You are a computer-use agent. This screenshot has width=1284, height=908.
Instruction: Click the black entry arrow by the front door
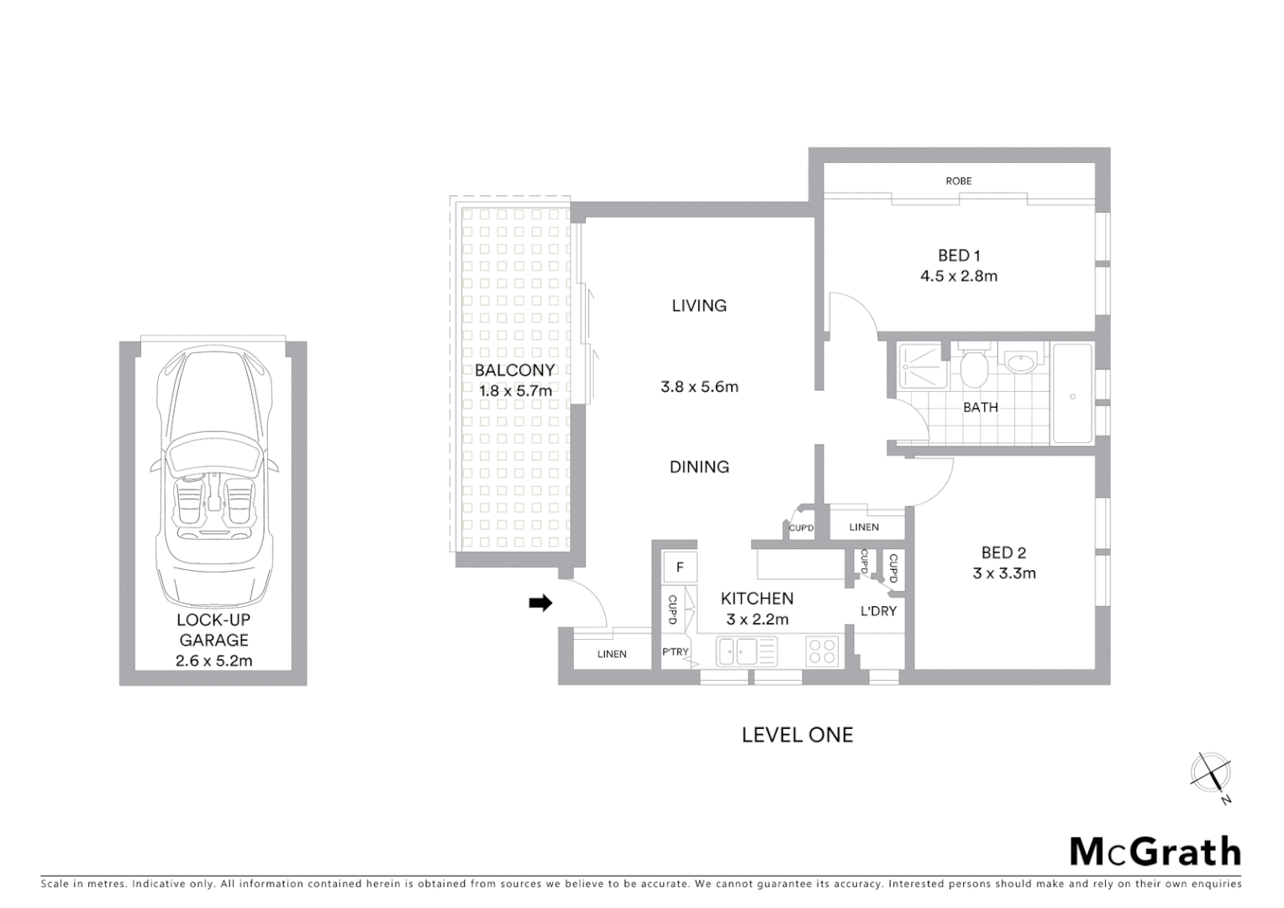point(540,602)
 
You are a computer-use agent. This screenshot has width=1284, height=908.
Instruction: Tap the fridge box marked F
point(680,567)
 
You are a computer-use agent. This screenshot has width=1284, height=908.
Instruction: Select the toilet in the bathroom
point(974,367)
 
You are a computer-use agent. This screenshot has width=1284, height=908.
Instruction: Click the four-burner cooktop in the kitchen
point(822,651)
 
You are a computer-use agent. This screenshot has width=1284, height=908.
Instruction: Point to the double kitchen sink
point(746,651)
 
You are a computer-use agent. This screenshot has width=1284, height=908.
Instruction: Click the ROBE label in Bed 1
point(958,181)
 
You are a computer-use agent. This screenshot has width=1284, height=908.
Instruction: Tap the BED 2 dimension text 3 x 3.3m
point(1004,573)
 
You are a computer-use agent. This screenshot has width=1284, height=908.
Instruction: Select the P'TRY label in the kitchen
point(675,652)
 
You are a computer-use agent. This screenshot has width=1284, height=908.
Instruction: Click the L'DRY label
point(878,611)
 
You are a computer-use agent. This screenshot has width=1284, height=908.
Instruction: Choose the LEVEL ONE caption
point(797,735)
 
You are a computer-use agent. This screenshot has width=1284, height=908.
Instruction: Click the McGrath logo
point(1155,852)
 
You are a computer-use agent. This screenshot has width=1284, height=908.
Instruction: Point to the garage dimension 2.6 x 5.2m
point(213,661)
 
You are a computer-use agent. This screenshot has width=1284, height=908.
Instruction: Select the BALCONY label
point(514,370)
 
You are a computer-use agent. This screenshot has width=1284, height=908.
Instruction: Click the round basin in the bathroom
point(1021,364)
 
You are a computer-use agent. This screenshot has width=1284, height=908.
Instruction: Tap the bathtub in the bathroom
point(1072,393)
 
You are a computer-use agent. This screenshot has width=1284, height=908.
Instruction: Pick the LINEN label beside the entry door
point(612,654)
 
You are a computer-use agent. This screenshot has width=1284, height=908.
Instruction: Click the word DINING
point(699,467)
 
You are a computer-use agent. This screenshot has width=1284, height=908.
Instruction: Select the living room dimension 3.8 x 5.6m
point(699,387)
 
